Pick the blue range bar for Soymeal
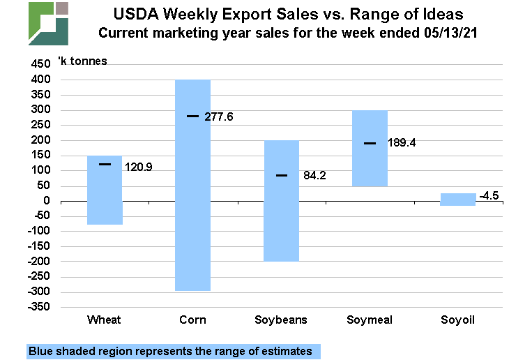tap(370, 167)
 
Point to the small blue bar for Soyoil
tap(458, 200)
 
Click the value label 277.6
tap(218, 117)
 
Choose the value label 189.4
tap(396, 144)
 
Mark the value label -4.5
tap(489, 195)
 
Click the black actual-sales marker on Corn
tap(192, 116)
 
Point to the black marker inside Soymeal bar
tap(370, 143)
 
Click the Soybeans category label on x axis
tap(281, 320)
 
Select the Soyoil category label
tap(458, 320)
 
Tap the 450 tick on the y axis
tap(40, 64)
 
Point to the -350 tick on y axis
tap(38, 307)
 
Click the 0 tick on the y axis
tap(46, 201)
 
